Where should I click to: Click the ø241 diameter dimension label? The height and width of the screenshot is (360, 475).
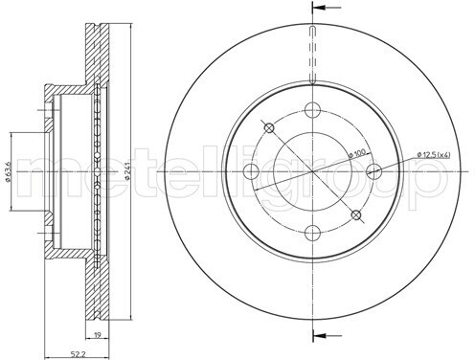(126, 171)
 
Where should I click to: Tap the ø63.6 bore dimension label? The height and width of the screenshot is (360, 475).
(9, 171)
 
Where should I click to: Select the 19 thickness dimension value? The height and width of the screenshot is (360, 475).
(98, 335)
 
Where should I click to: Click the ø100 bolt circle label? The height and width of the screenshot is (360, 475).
(356, 154)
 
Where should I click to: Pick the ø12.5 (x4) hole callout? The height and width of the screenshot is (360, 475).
(434, 155)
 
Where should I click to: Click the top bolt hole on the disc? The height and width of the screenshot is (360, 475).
(312, 110)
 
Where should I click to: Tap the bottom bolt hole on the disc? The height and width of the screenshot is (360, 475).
(312, 233)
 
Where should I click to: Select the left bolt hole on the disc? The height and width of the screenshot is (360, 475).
(251, 171)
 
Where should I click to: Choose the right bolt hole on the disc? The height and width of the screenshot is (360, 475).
(373, 171)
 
